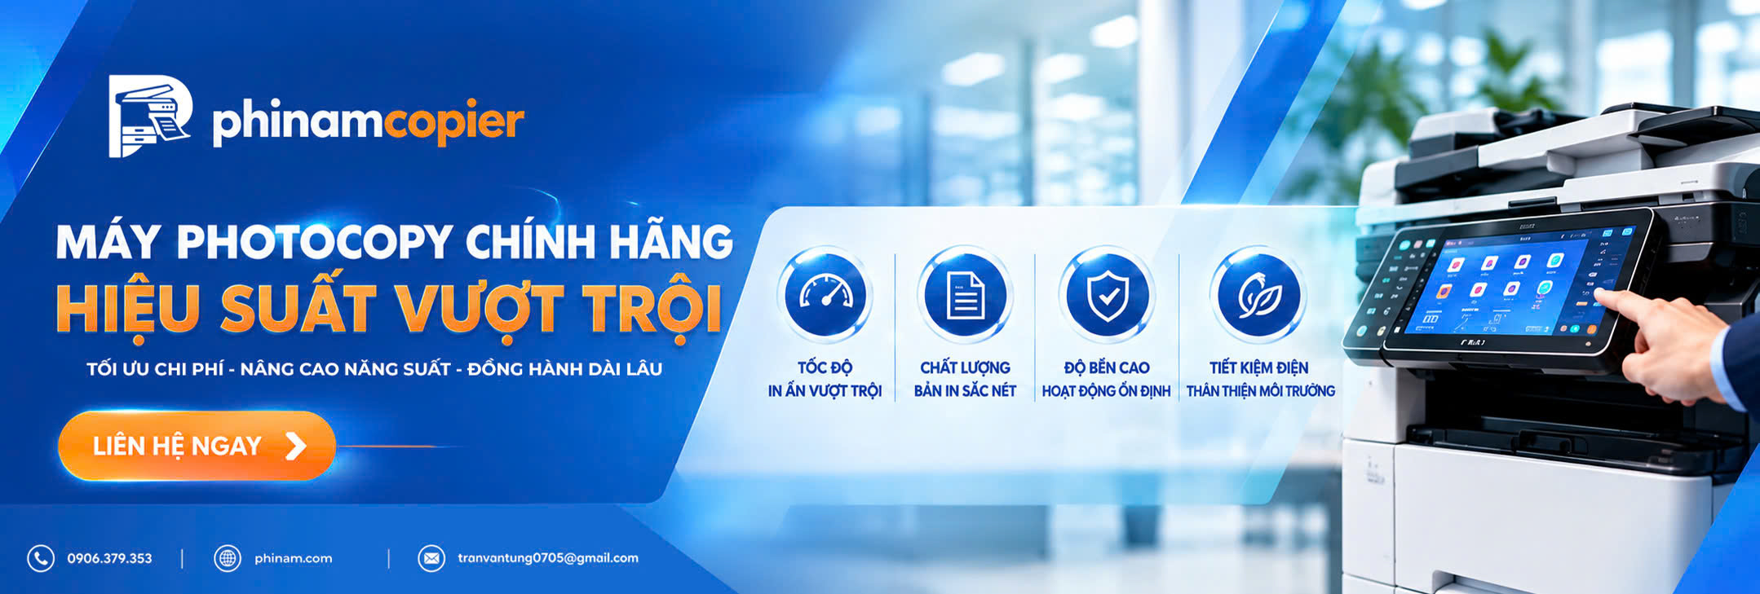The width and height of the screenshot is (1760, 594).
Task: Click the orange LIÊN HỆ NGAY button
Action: click(x=197, y=446)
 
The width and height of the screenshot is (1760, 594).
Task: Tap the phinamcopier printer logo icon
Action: click(x=150, y=116)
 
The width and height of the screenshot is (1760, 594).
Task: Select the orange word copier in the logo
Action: click(x=453, y=123)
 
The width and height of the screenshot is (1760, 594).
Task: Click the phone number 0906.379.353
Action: click(x=109, y=558)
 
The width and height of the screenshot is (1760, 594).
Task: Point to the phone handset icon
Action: click(x=41, y=558)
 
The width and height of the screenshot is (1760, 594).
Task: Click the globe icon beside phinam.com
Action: click(x=228, y=558)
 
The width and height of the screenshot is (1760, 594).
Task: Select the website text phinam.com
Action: click(x=294, y=558)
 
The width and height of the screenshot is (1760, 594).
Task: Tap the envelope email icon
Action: click(x=431, y=558)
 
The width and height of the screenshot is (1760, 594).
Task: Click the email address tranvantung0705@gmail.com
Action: click(x=548, y=558)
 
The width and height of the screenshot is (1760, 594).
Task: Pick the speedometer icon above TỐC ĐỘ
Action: click(x=825, y=295)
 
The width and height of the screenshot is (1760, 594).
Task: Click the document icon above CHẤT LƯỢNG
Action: click(x=966, y=295)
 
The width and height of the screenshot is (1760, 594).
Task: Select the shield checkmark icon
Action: click(x=1107, y=295)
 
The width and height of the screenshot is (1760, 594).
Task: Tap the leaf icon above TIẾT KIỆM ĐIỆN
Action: click(x=1258, y=295)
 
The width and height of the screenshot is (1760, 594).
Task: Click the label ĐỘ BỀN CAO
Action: click(x=1107, y=367)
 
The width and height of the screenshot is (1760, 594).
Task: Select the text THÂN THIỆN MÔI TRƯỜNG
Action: click(x=1261, y=391)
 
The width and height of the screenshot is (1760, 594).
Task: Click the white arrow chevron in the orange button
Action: click(x=296, y=446)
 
